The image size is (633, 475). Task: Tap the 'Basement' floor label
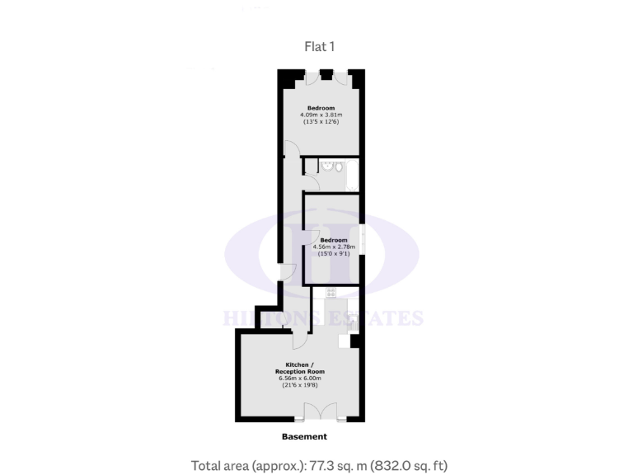304,436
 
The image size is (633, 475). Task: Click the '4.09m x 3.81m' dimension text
321,115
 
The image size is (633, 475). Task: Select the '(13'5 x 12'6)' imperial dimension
321,122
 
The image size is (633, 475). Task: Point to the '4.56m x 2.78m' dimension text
334,247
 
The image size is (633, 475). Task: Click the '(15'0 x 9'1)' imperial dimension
334,254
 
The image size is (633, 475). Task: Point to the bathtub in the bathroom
353,176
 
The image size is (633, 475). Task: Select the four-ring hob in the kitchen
331,293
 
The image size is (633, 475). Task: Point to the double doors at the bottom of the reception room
321,412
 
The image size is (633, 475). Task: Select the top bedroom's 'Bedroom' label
321,107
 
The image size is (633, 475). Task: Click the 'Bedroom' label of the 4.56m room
334,239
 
